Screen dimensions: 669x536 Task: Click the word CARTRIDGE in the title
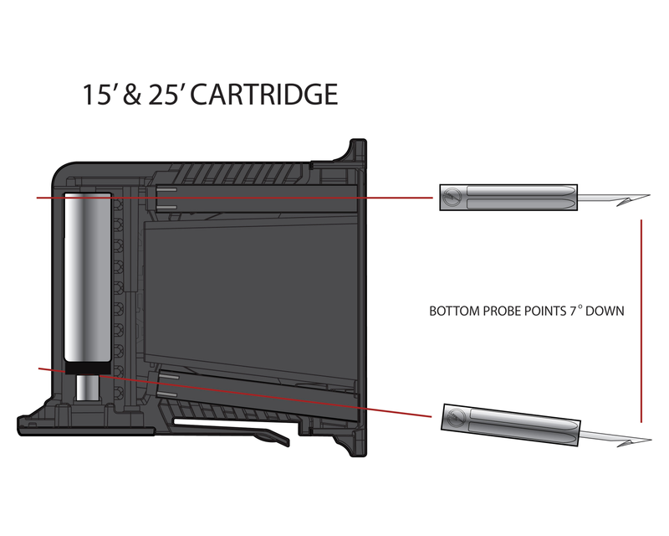(263, 94)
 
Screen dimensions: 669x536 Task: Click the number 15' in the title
(97, 94)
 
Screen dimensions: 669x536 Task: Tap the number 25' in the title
(166, 94)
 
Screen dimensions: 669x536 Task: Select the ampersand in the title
(131, 95)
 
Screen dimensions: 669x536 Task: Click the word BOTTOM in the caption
(454, 311)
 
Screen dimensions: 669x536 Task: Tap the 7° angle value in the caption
(576, 310)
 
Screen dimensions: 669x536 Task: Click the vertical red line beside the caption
(641, 321)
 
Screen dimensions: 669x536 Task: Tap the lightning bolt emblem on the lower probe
(457, 417)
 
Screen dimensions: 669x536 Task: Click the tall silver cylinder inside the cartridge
(88, 278)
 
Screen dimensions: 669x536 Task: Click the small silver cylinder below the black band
(88, 388)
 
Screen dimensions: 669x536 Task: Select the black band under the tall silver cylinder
(88, 368)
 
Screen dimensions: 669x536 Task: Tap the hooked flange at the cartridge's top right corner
(353, 152)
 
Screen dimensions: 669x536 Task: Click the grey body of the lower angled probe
(511, 424)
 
